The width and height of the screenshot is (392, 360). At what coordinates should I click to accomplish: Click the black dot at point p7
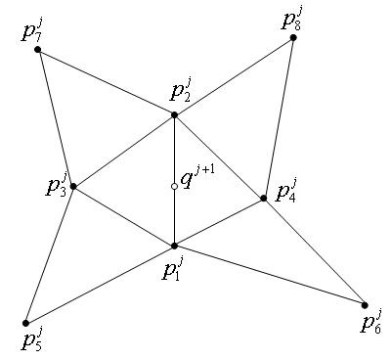pos(37,49)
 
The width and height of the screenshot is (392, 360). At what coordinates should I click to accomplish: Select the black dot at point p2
pos(174,115)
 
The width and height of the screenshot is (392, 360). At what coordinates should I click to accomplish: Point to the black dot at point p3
pos(72,186)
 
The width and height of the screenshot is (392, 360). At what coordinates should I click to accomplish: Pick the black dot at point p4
pos(264,199)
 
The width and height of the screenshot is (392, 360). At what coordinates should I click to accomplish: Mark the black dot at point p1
pos(174,246)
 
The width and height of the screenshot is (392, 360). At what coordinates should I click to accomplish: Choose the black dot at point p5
pos(26,323)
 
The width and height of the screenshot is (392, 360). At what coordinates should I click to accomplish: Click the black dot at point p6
pos(365,305)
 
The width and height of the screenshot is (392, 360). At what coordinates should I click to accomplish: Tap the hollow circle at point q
pos(174,186)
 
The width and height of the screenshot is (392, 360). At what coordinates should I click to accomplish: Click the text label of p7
pos(31,29)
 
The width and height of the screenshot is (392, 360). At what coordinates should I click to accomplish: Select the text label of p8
pos(290,19)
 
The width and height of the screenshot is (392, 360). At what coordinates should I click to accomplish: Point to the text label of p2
pos(179,95)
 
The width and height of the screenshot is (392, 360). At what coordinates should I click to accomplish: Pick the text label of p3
pos(56,186)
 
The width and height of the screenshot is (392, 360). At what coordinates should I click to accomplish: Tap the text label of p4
pos(285,190)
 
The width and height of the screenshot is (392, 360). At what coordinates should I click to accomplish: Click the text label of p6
pos(370,323)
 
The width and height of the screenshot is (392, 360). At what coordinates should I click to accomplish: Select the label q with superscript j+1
pos(198,180)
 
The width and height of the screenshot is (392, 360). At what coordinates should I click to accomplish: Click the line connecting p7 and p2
pos(106,82)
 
